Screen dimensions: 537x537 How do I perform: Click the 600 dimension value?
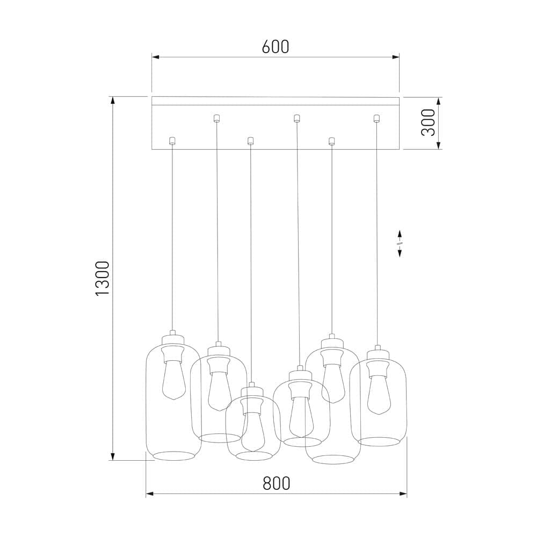275,47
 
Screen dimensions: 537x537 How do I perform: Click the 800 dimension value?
277,484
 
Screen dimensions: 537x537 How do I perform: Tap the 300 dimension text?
429,122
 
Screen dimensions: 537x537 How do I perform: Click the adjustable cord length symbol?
400,243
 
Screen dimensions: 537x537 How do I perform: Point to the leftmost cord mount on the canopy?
172,141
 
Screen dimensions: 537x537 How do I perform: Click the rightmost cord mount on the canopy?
376,119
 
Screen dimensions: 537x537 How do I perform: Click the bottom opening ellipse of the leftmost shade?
173,456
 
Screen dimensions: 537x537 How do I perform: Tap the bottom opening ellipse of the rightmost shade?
379,441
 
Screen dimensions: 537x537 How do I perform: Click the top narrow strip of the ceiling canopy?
275,101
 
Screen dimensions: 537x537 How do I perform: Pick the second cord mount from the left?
216,118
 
